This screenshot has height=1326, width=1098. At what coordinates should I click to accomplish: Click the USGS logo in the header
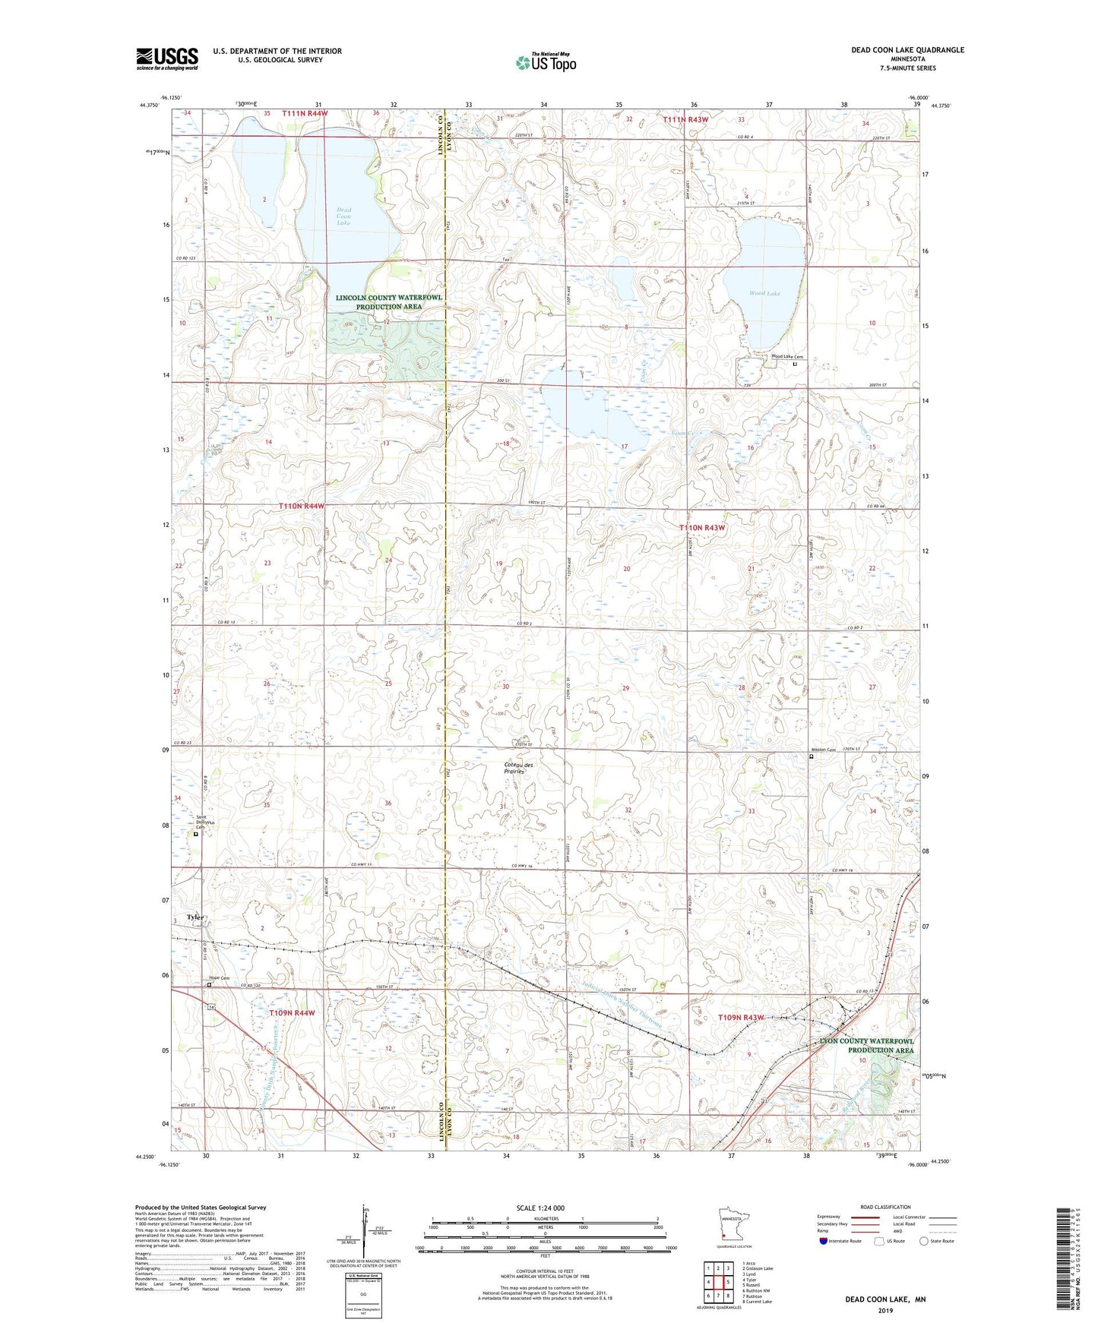coord(167,58)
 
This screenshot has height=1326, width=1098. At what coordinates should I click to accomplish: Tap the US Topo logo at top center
coord(546,62)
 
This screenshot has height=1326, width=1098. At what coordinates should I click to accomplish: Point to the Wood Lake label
coord(764,293)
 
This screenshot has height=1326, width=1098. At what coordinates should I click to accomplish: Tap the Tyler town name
coord(196,917)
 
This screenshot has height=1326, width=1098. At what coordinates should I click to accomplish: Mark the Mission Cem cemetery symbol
coord(811,756)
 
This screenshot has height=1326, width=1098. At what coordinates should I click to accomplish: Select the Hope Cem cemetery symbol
coord(210,985)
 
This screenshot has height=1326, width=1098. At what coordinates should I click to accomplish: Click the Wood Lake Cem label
coord(786,357)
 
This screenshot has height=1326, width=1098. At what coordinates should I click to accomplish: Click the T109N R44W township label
coord(292,1013)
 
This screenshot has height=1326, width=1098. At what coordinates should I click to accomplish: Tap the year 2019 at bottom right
coord(885,1310)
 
